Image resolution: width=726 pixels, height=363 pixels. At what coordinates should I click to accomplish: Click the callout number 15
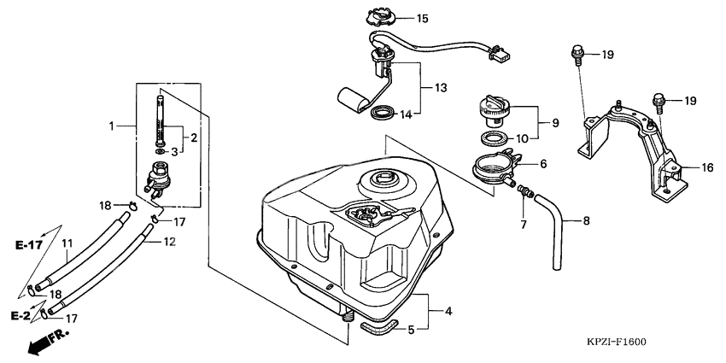pyautogui.click(x=422, y=19)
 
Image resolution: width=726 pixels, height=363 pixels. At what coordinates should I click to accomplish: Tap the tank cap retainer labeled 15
pyautogui.click(x=380, y=18)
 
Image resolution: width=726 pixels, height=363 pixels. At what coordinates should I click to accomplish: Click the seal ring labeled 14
pyautogui.click(x=383, y=113)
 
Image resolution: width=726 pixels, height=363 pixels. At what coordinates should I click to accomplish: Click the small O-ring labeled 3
pyautogui.click(x=160, y=152)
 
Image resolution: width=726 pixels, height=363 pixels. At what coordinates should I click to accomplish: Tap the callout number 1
pyautogui.click(x=111, y=126)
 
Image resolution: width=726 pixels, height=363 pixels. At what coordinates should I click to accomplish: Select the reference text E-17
pyautogui.click(x=29, y=246)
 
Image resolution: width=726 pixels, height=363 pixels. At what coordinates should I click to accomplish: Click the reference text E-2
pyautogui.click(x=21, y=316)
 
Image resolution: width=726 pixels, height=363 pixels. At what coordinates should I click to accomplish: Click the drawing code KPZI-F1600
pyautogui.click(x=617, y=343)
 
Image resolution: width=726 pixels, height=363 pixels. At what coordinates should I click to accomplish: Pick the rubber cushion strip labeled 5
pyautogui.click(x=378, y=326)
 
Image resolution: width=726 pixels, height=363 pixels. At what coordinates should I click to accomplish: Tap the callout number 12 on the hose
pyautogui.click(x=169, y=241)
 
